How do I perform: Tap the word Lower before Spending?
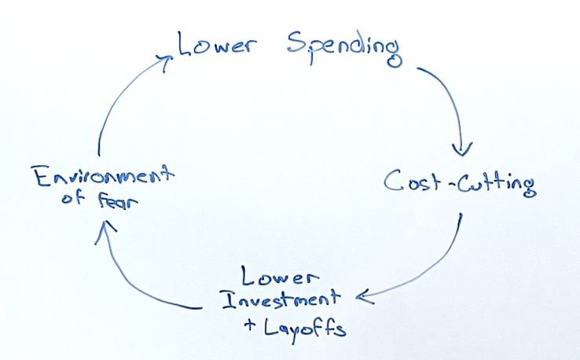point(216,44)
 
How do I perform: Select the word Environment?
point(104,176)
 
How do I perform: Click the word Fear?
point(118,201)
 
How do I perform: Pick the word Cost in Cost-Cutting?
point(412,181)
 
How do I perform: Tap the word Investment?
point(281,298)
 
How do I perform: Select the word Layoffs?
point(305,329)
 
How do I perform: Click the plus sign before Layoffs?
point(250,325)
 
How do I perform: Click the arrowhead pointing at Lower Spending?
point(165,61)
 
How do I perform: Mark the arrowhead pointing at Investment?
point(365,296)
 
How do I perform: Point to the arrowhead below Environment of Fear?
point(105,230)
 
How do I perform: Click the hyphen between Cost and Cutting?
point(451,182)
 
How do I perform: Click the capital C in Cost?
point(393,180)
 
